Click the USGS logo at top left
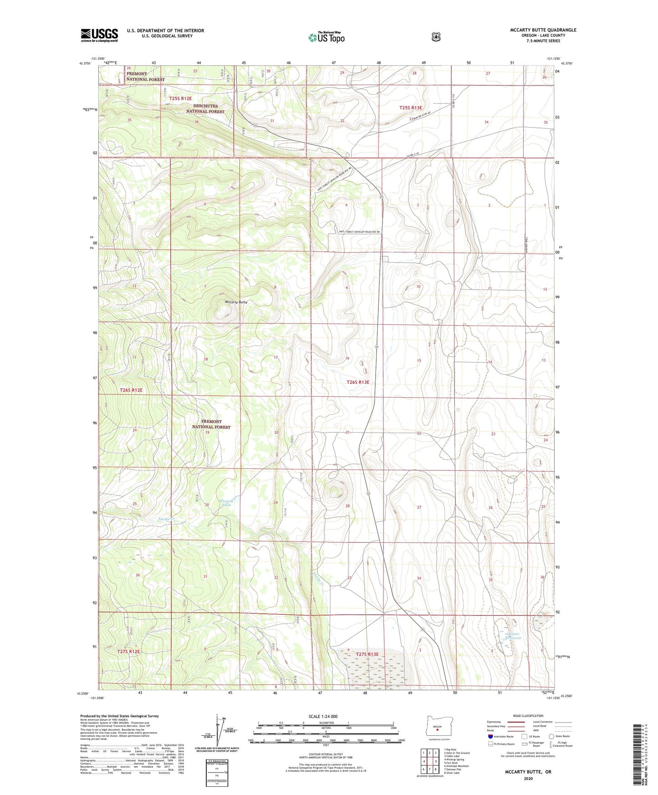click(x=99, y=35)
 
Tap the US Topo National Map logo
click(x=326, y=37)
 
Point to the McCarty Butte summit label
click(x=236, y=302)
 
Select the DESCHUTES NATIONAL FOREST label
click(x=205, y=108)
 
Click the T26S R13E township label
click(x=358, y=382)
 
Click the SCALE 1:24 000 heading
click(x=323, y=716)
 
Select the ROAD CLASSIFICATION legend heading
click(x=528, y=716)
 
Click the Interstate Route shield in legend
click(x=490, y=736)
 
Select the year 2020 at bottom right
click(x=528, y=778)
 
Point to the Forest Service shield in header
click(x=436, y=36)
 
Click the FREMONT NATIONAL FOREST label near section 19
click(x=211, y=424)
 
